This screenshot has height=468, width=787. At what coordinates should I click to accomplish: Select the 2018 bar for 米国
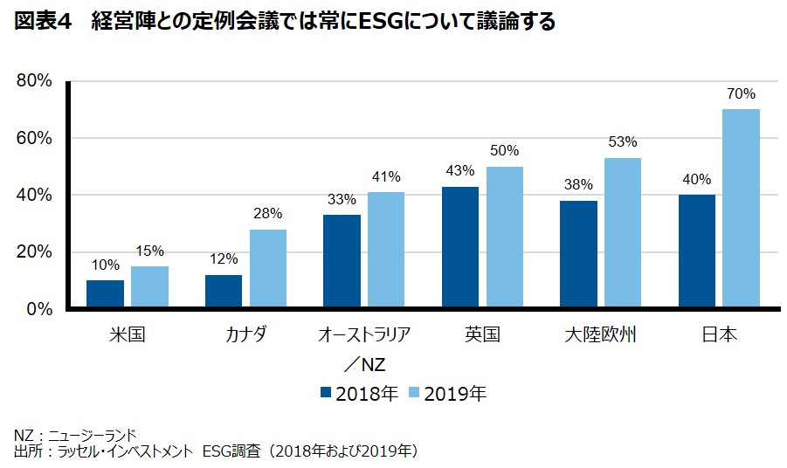[106, 294]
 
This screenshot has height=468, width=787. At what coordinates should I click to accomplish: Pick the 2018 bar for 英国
[459, 247]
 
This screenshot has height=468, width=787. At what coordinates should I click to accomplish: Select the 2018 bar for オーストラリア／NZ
[341, 261]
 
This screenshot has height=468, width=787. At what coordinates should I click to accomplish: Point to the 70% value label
[741, 93]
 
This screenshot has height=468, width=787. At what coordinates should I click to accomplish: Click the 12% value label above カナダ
[224, 259]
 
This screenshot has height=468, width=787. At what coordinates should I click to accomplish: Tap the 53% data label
[622, 141]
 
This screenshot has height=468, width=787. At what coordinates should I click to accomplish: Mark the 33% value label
[342, 199]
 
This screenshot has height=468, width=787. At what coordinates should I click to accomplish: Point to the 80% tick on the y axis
[34, 81]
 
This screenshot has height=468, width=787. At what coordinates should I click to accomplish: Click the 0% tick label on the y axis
[39, 309]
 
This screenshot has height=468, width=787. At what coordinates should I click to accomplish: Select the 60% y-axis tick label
[34, 138]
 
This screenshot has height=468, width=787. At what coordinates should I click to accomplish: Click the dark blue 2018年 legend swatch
[325, 393]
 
